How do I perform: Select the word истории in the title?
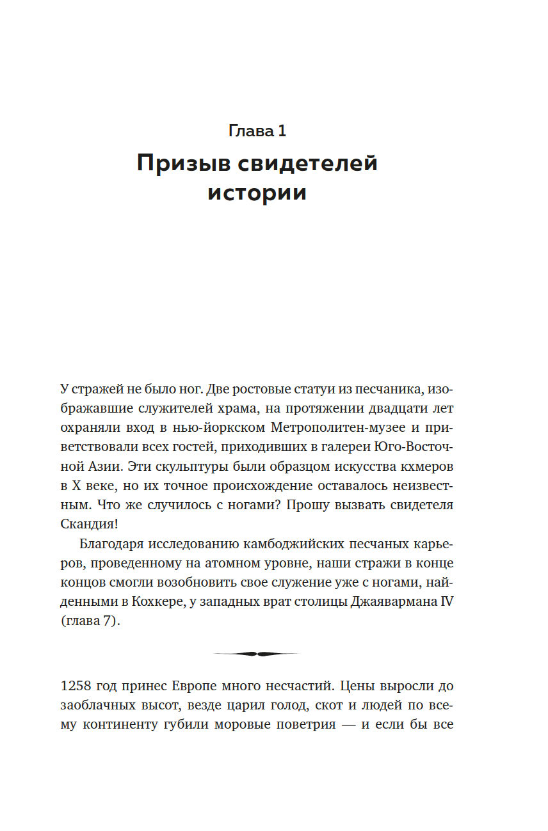257,193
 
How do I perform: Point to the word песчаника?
387,389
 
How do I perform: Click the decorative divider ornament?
257,654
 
